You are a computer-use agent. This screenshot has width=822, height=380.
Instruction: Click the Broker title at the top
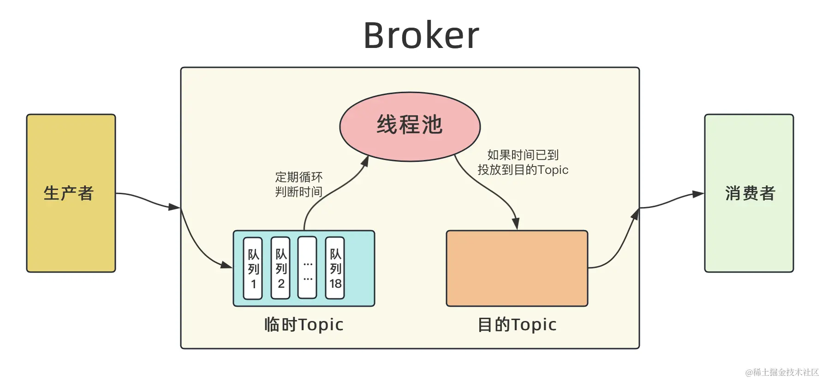421,36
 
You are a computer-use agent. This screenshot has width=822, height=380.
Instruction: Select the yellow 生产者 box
71,193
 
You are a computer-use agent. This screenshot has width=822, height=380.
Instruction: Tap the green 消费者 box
749,193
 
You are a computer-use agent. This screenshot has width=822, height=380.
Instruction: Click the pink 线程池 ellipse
410,126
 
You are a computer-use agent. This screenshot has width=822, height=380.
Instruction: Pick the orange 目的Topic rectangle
517,268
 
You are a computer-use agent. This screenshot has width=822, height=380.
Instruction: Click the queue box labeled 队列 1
253,268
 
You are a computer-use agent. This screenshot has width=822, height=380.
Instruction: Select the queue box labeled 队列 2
280,268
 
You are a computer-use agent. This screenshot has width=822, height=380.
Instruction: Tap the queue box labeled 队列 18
335,268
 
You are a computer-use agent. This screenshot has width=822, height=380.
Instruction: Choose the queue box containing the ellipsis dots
307,268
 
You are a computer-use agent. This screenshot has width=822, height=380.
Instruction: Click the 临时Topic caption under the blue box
304,325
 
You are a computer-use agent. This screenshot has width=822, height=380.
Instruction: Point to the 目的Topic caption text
517,325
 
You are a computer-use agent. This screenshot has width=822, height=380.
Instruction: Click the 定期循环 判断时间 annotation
298,184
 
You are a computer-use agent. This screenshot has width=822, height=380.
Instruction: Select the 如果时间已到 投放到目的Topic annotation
523,162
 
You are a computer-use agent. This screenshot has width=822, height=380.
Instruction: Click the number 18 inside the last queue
335,284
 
